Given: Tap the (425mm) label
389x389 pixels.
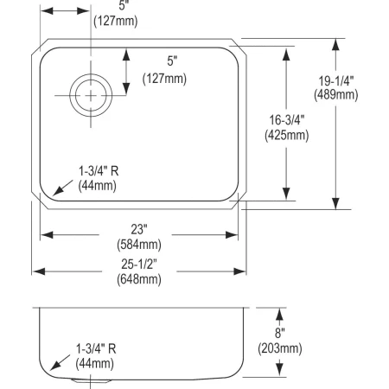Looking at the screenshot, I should (x=284, y=136).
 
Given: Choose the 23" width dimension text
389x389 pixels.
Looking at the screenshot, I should (x=139, y=229).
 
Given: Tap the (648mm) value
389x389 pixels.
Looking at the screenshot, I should (x=139, y=279).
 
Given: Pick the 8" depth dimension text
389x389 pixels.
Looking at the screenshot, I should (x=280, y=332).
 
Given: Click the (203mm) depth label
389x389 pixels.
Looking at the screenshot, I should (x=280, y=348).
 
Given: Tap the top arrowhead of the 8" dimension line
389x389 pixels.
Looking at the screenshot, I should (x=280, y=312).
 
